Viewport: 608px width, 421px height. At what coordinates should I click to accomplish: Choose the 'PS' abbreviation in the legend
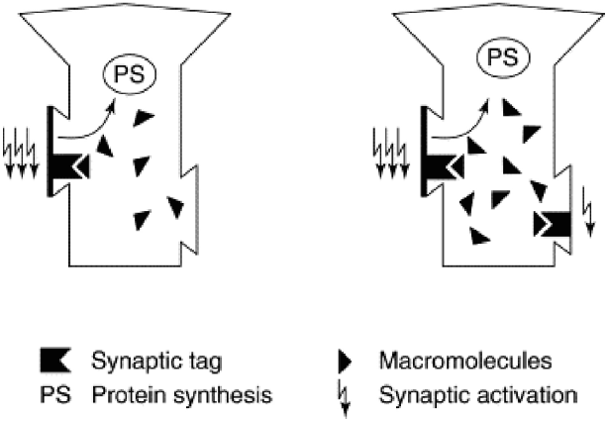(55, 395)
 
